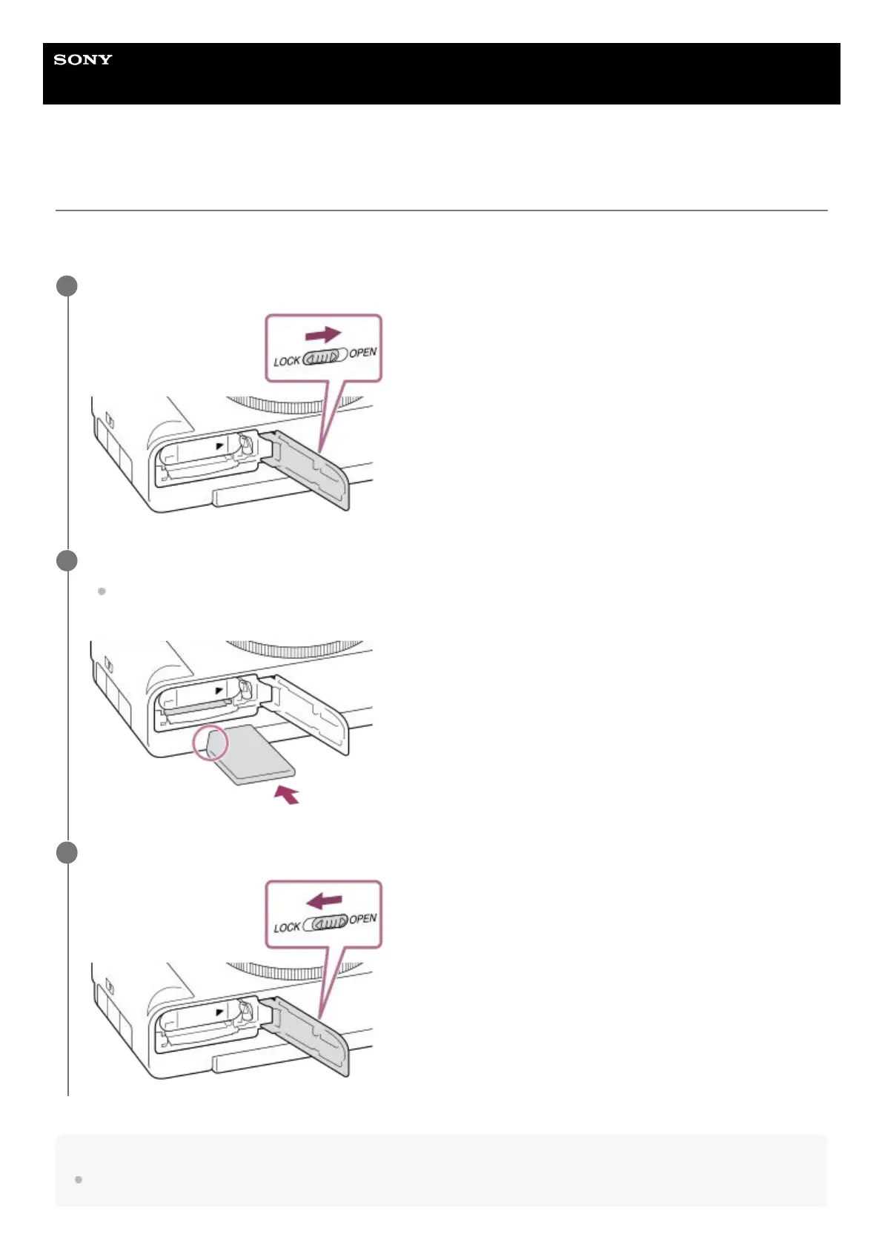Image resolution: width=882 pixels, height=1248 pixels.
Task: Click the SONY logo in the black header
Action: pyautogui.click(x=83, y=60)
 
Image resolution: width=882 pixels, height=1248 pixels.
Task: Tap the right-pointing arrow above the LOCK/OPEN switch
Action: pyautogui.click(x=323, y=335)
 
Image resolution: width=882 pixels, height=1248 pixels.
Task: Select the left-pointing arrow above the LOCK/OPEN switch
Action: pyautogui.click(x=325, y=901)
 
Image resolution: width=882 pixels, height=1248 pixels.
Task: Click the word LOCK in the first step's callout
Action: pyautogui.click(x=287, y=361)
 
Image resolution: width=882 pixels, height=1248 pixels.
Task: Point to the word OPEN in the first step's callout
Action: pyautogui.click(x=363, y=353)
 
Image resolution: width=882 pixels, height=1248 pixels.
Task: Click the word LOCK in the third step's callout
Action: pyautogui.click(x=287, y=927)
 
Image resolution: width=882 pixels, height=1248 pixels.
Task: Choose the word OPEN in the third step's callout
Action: pyautogui.click(x=363, y=919)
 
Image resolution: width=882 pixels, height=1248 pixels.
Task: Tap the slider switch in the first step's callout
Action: pyautogui.click(x=325, y=356)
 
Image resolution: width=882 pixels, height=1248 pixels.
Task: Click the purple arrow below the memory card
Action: pyautogui.click(x=287, y=795)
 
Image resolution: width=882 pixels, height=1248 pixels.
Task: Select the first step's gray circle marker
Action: pyautogui.click(x=67, y=286)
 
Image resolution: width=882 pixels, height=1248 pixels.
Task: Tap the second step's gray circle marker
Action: pyautogui.click(x=67, y=561)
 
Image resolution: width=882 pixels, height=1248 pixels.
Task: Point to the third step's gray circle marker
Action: pyautogui.click(x=67, y=852)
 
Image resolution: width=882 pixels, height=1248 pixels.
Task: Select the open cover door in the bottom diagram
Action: pyautogui.click(x=311, y=1035)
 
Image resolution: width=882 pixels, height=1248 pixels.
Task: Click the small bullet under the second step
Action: pyautogui.click(x=102, y=591)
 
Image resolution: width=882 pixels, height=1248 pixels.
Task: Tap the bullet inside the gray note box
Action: pyautogui.click(x=78, y=1179)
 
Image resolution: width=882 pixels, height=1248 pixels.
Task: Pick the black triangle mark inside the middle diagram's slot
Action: pyautogui.click(x=219, y=691)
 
